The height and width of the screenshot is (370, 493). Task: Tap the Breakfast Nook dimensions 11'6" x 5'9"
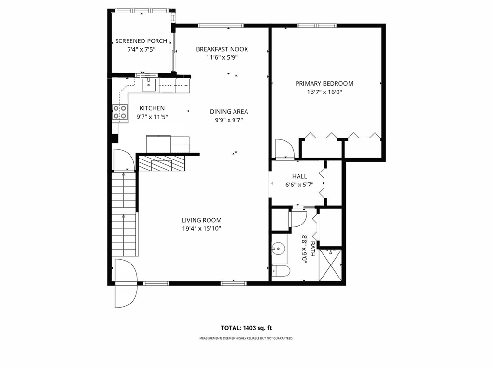(222, 57)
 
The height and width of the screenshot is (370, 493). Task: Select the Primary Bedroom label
(324, 83)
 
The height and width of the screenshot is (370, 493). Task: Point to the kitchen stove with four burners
(120, 112)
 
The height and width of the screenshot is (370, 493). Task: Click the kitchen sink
(149, 85)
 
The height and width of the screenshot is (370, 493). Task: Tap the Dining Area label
(229, 112)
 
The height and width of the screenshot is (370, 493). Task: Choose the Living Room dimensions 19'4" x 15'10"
(201, 229)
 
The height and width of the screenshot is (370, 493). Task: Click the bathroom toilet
(281, 272)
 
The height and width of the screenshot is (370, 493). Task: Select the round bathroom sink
(278, 250)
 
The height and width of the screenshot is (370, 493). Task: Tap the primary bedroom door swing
(284, 148)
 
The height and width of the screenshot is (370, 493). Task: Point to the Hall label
(299, 176)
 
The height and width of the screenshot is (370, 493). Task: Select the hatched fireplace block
(161, 163)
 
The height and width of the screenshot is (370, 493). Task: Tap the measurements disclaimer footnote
(246, 338)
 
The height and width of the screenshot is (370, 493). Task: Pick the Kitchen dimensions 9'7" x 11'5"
(152, 117)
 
